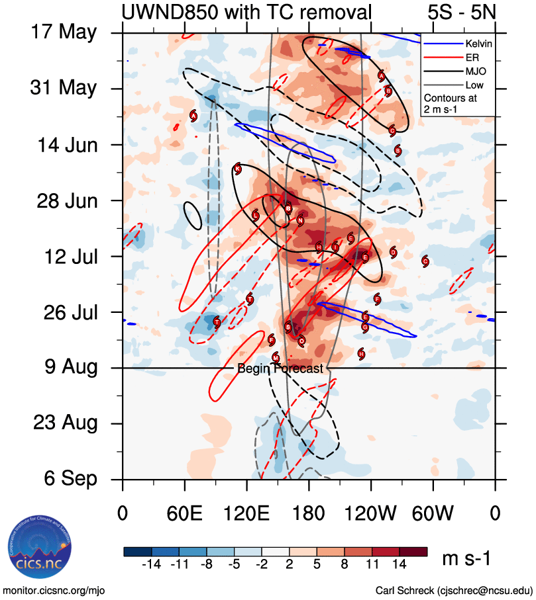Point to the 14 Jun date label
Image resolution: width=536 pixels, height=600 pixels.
65,144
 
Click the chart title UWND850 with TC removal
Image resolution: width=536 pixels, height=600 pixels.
246,12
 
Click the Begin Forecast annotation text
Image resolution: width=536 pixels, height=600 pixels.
280,368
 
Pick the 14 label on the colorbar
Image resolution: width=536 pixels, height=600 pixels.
400,564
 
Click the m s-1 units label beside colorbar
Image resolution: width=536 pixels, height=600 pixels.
466,559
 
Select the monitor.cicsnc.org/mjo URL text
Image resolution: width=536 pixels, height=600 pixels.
54,590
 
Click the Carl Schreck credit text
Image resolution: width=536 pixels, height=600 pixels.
454,590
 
